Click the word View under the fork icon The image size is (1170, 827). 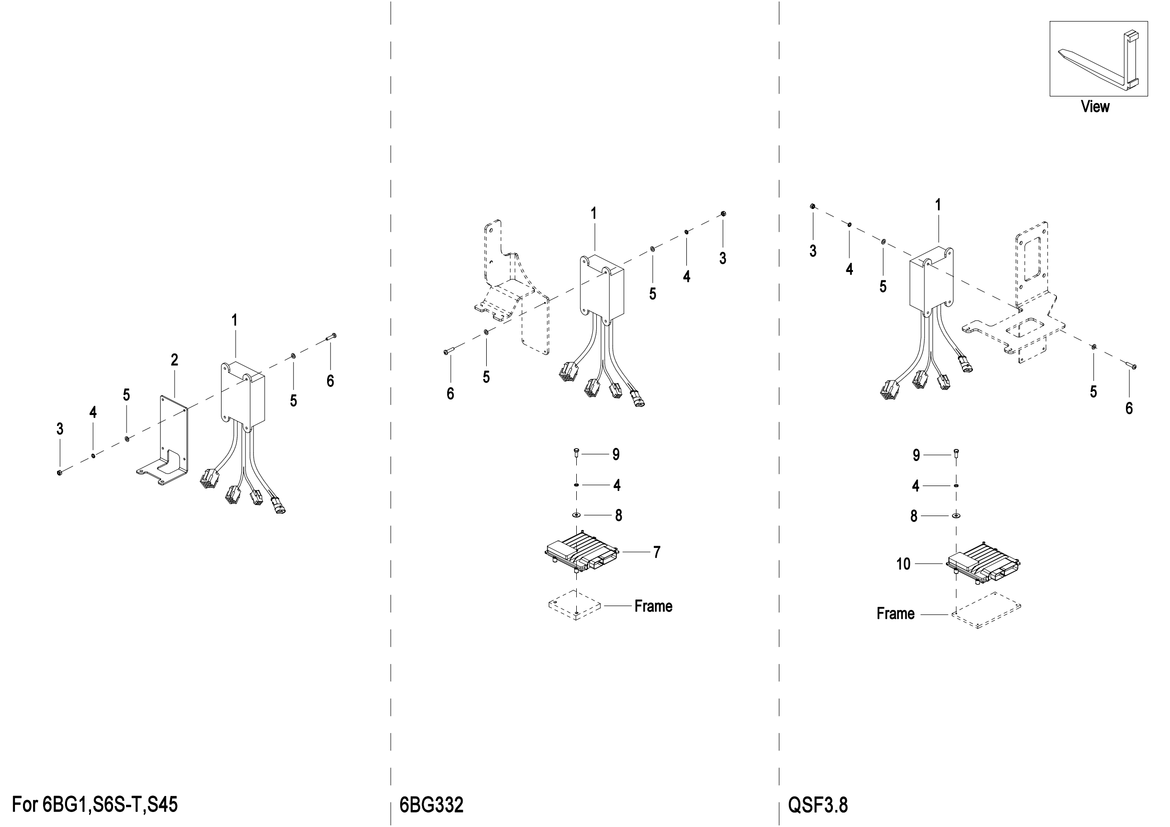[x=1095, y=107]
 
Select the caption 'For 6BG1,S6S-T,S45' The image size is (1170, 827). [x=95, y=805]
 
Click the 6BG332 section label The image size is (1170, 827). [x=432, y=805]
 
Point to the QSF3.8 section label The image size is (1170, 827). [x=818, y=805]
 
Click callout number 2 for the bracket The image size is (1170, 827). [x=174, y=360]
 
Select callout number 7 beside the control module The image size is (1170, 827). [x=657, y=552]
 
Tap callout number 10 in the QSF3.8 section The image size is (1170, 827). [x=903, y=564]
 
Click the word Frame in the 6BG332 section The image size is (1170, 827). [x=653, y=606]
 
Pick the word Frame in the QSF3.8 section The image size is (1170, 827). [x=895, y=613]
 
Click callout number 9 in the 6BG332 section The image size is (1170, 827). [x=616, y=454]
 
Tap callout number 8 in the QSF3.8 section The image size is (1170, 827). [x=914, y=517]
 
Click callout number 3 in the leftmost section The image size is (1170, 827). [x=60, y=429]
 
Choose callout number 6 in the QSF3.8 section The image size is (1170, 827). [x=1129, y=408]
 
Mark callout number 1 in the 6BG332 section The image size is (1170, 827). [x=594, y=214]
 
